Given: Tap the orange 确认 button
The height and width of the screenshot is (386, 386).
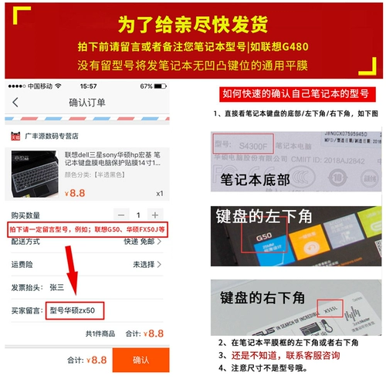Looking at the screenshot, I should (141, 359).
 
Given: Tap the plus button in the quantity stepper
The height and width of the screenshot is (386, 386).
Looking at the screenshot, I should (155, 215).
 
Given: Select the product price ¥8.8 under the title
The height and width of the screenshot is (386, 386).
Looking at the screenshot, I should (75, 193).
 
